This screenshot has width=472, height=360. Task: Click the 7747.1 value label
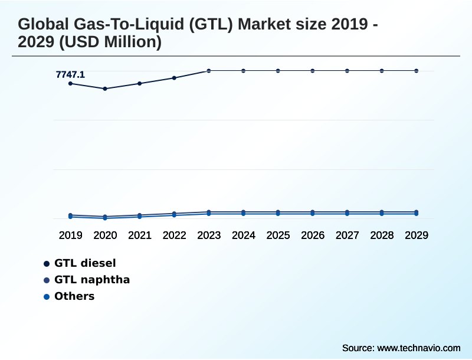70,74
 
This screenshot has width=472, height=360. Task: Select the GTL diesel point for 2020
105,89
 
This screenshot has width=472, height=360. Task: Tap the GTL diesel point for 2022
174,78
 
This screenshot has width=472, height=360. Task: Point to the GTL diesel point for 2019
71,84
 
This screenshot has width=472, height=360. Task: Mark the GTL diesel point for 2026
313,71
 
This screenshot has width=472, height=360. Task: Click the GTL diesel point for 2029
417,71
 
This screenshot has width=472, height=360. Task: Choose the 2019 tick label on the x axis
71,235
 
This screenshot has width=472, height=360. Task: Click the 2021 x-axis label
140,235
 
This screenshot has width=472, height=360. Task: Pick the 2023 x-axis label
209,235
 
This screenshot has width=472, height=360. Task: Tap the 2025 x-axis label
278,235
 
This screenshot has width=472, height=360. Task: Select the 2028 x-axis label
382,235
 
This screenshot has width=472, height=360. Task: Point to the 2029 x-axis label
417,235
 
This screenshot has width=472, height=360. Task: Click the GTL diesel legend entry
85,263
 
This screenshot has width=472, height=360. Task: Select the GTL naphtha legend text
92,280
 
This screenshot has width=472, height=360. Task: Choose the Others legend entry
74,296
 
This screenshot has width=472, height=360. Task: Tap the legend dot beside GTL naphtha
47,280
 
